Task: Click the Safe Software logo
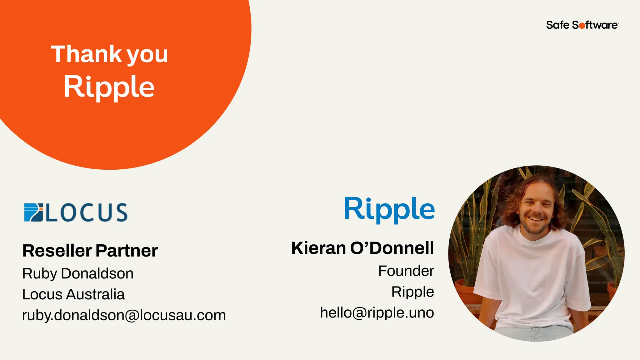coord(582,25)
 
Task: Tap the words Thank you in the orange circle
coord(109,54)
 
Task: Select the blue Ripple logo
coord(389,209)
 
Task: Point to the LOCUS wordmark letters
coord(87,212)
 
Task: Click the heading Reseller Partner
coord(90,251)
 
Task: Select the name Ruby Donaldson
coord(78,273)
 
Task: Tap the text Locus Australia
coord(73,294)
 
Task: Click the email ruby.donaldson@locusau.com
coord(124,315)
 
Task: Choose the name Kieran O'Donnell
coord(362,248)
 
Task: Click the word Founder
coord(406,271)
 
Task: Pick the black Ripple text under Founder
coord(412,292)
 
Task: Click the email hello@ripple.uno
coord(377,312)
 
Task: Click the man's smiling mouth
coord(536,219)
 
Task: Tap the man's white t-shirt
coord(531,275)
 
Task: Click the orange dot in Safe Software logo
coord(582,26)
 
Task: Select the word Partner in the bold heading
coord(127,251)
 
